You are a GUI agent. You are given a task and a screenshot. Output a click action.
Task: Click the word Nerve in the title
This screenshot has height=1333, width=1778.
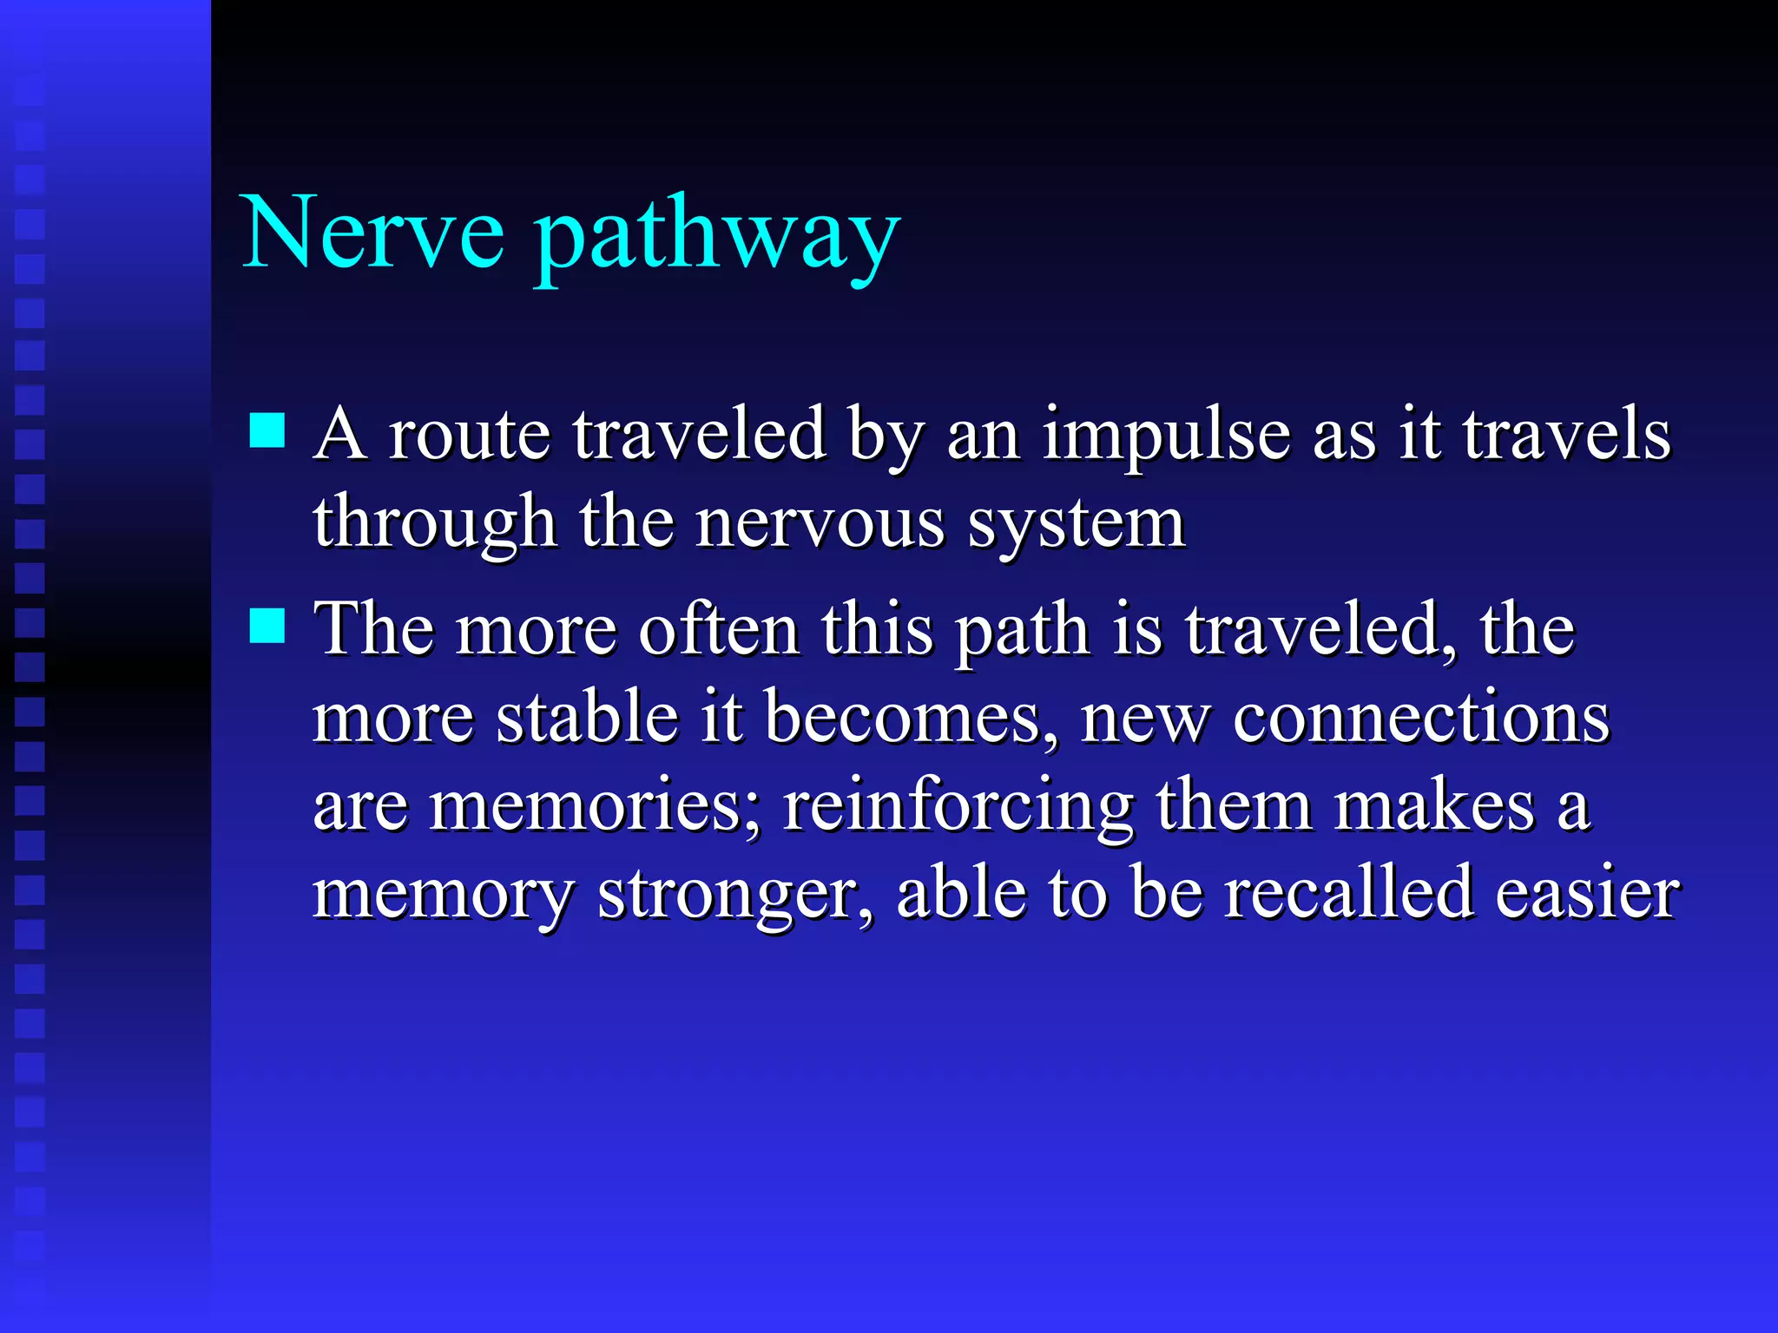373,233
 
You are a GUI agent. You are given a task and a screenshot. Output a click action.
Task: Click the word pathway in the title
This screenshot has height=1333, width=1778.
716,239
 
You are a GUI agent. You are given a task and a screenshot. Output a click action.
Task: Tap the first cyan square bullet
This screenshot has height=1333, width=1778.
267,430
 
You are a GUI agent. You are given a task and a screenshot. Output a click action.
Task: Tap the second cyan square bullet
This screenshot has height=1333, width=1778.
267,625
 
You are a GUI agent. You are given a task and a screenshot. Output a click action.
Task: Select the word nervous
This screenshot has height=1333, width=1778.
820,525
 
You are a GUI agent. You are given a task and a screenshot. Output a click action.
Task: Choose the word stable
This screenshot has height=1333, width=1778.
587,718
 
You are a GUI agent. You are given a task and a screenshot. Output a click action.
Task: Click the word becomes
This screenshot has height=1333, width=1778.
903,718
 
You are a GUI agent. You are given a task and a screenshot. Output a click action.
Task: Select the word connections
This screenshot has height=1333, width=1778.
1420,719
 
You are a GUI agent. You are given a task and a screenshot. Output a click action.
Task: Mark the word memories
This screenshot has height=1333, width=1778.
595,807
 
